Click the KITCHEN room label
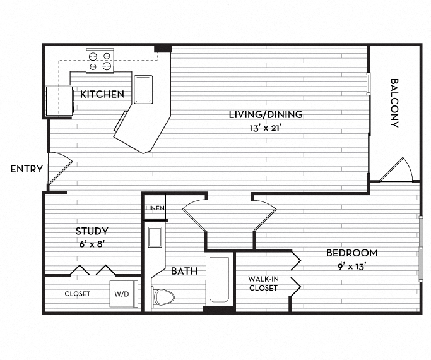pyautogui.click(x=102, y=95)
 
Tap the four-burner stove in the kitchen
pyautogui.click(x=99, y=60)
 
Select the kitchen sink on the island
pyautogui.click(x=143, y=89)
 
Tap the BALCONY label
pyautogui.click(x=395, y=102)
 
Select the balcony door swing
pyautogui.click(x=395, y=169)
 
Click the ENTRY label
pyautogui.click(x=27, y=169)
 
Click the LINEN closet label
pyautogui.click(x=154, y=208)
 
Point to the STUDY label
pyautogui.click(x=92, y=231)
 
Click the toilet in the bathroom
pyautogui.click(x=164, y=296)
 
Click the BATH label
pyautogui.click(x=184, y=271)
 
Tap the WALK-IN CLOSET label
pyautogui.click(x=263, y=282)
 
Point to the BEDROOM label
pyautogui.click(x=351, y=253)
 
